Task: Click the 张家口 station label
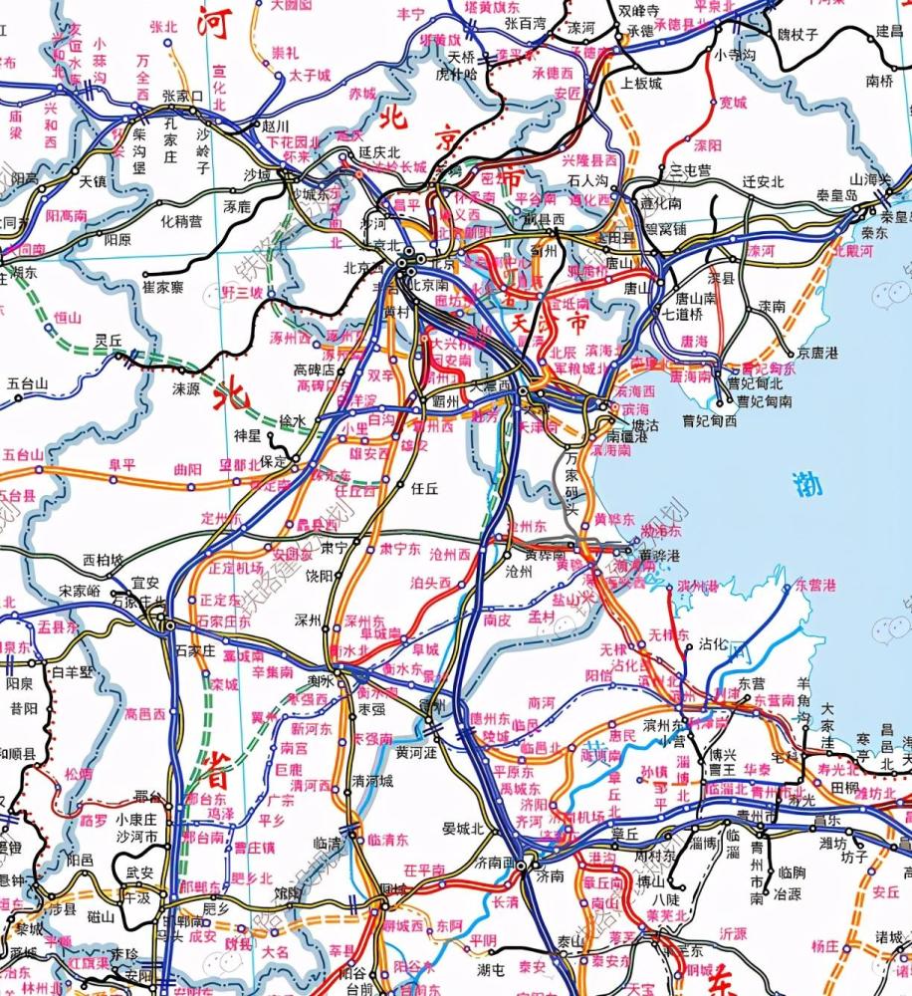pos(182,97)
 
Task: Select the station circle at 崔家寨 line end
pos(144,274)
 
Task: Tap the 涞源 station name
pos(186,387)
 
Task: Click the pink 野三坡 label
pos(243,293)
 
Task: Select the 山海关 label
pos(867,178)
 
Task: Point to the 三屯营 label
pos(690,170)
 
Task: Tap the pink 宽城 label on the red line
pos(734,102)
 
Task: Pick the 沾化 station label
pos(714,644)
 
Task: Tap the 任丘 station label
pos(425,488)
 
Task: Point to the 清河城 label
pos(372,780)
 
